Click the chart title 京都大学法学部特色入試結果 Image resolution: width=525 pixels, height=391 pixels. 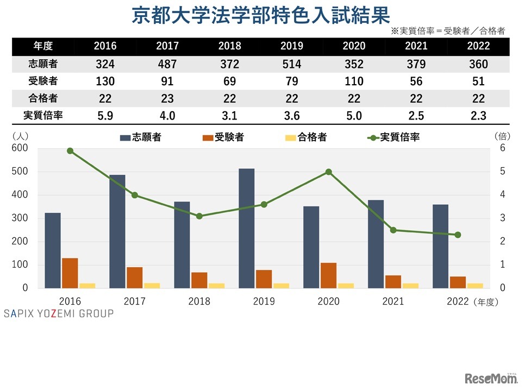pos(261,15)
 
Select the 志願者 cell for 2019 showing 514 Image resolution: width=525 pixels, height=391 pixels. pos(292,64)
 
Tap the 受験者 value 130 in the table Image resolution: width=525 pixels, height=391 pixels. pos(105,81)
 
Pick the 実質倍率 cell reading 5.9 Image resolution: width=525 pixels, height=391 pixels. pos(105,116)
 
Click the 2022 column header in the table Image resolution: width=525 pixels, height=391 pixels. pos(478,46)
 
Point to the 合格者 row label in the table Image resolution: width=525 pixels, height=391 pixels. pos(43,98)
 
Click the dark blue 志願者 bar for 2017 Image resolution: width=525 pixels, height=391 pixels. pos(117,231)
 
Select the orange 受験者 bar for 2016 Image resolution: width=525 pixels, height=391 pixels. pos(70,273)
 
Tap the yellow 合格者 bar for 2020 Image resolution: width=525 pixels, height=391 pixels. pos(346,285)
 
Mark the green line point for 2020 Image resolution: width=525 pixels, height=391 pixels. pos(328,172)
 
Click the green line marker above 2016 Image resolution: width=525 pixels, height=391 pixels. pos(70,151)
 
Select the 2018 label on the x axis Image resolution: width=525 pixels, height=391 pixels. pos(199,301)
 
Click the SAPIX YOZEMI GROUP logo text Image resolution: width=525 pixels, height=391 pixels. pos(59,313)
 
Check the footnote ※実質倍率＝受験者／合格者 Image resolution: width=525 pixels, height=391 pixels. pos(447,31)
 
